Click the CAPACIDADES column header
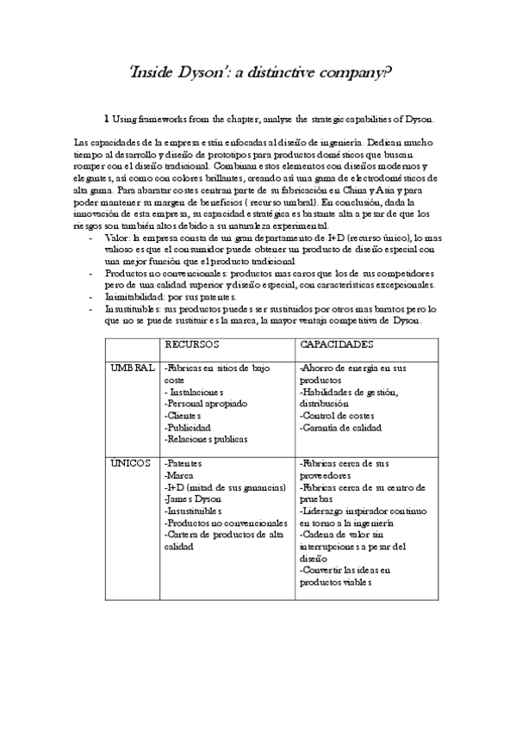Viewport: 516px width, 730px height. [337, 344]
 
